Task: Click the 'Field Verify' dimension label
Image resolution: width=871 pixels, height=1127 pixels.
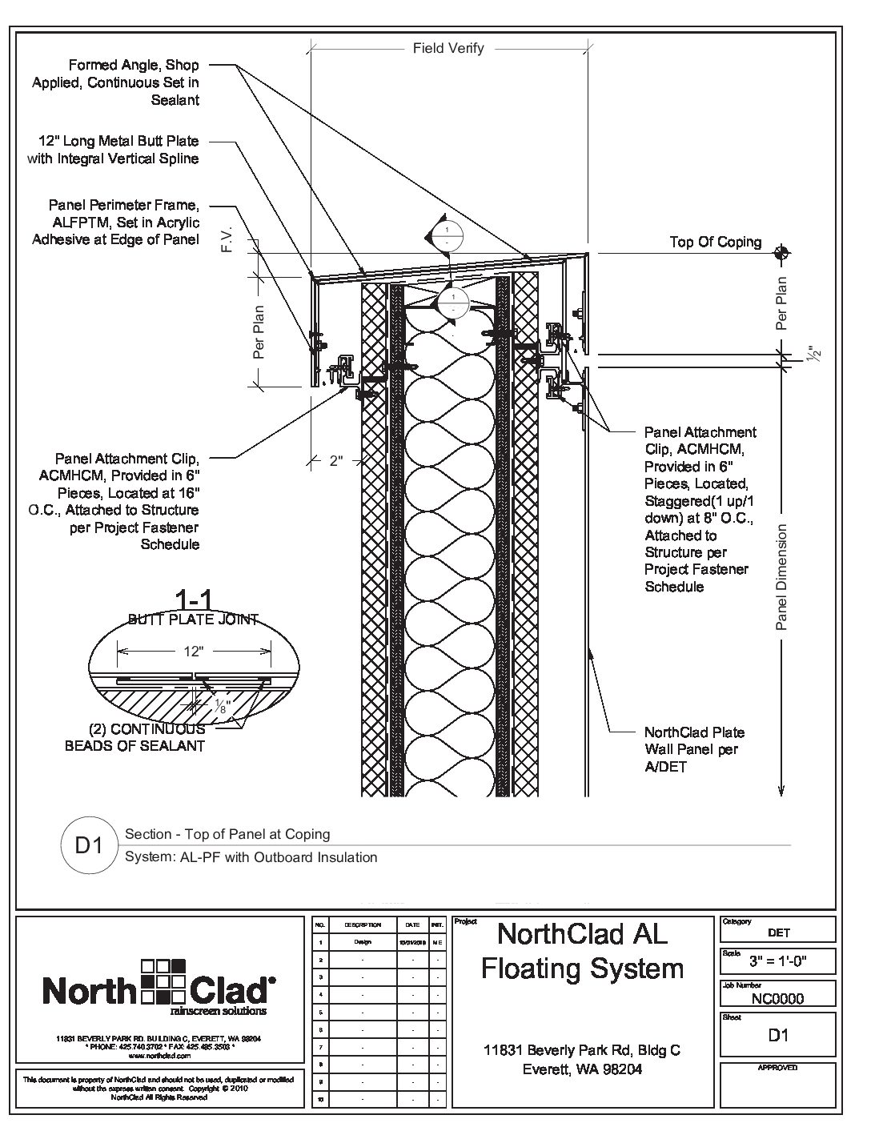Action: tap(448, 48)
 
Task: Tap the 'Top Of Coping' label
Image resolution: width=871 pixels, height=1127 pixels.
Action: tap(716, 243)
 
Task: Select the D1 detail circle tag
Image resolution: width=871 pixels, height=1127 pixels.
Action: tap(89, 845)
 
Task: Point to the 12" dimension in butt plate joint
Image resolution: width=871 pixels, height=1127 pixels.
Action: tap(192, 652)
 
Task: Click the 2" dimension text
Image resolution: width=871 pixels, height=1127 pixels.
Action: tap(335, 460)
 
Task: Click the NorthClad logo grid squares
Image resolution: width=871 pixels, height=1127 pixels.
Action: tap(163, 981)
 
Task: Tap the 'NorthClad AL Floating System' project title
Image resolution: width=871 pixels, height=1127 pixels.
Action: tap(582, 951)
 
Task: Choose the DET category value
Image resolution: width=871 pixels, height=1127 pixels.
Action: tap(778, 932)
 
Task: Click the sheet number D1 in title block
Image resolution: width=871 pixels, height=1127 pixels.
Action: tap(778, 1035)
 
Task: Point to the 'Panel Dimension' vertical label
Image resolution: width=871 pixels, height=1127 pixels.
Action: tap(783, 576)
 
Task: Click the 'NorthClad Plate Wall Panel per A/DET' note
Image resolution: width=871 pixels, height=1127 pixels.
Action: tap(693, 749)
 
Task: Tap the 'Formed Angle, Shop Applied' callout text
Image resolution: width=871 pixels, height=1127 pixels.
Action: tap(115, 82)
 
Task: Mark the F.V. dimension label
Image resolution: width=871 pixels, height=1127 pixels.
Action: tap(227, 242)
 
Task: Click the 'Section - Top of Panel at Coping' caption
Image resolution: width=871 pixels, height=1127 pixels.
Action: tap(227, 834)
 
